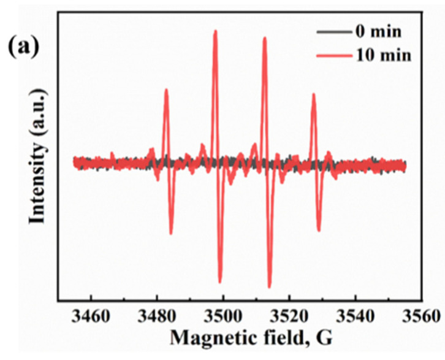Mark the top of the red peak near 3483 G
(166, 90)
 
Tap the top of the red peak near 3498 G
(215, 31)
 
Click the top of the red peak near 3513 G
(265, 38)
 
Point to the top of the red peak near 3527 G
(313, 94)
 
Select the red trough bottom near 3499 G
(220, 281)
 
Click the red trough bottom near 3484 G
(171, 233)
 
